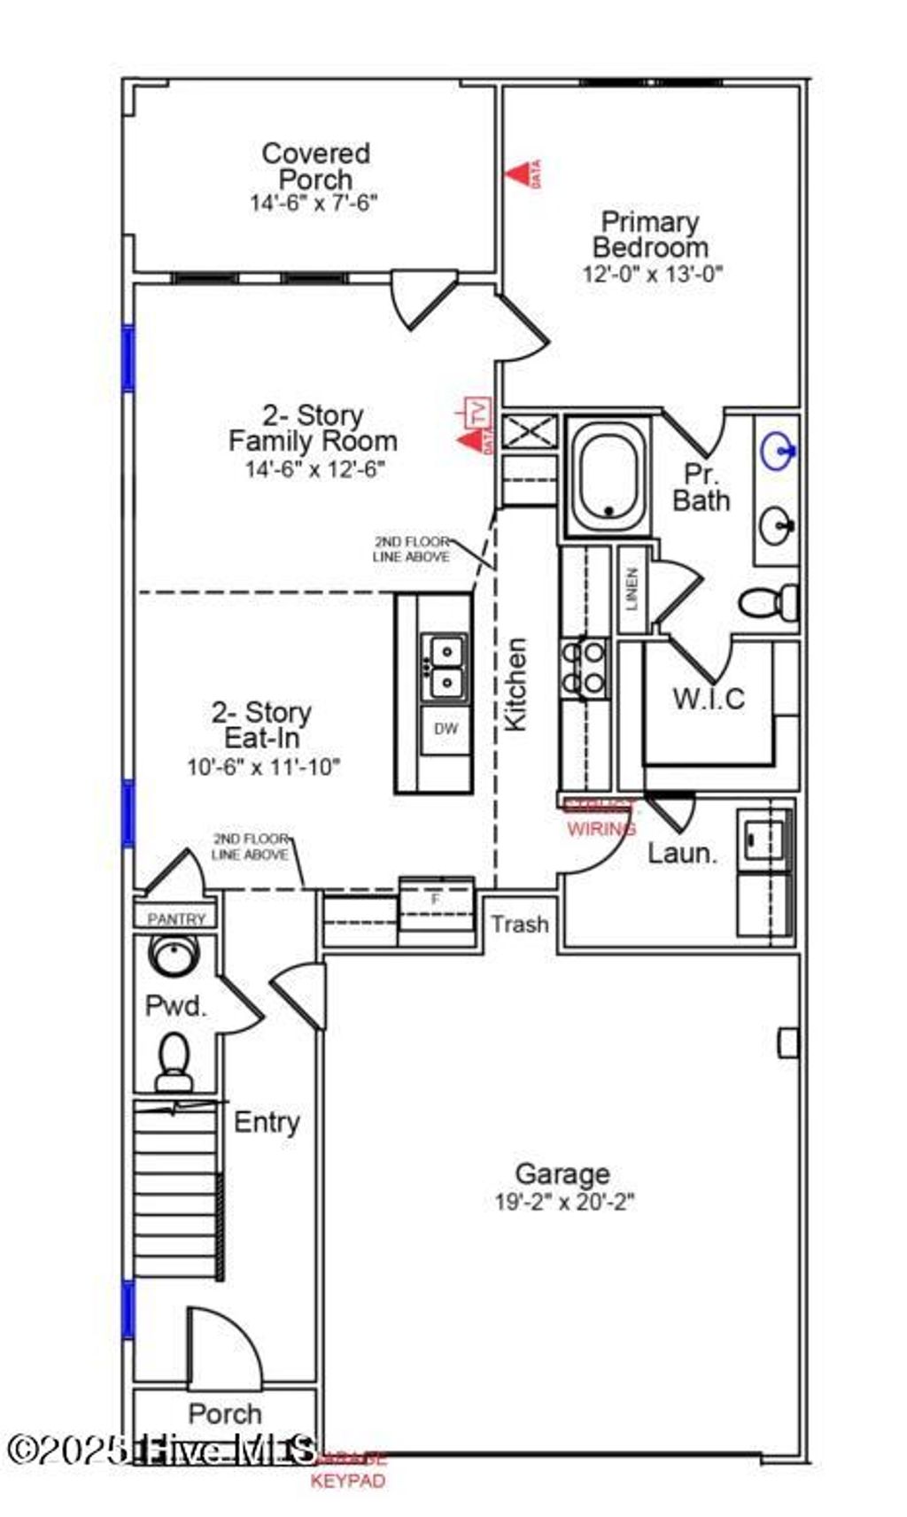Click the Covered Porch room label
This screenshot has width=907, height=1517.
tap(315, 166)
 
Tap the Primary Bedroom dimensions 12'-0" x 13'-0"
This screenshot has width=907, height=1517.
tap(652, 274)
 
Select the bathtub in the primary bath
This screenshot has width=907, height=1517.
tap(609, 476)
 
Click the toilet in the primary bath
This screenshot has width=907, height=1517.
tap(769, 603)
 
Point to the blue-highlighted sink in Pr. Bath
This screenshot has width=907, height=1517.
tap(779, 451)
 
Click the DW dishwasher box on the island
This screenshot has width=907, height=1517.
tap(446, 729)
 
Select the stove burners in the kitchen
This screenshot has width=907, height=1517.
tap(584, 668)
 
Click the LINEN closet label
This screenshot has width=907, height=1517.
tap(632, 589)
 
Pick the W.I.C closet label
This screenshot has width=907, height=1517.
tap(708, 699)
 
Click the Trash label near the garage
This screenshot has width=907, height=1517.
tap(520, 924)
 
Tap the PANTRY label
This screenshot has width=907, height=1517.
tap(176, 919)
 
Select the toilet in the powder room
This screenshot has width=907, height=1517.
tap(174, 1061)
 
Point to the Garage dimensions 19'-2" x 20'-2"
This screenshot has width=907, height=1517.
tap(564, 1202)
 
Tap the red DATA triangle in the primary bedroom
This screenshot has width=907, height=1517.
tap(521, 174)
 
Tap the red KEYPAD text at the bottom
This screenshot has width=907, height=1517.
tap(348, 1481)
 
